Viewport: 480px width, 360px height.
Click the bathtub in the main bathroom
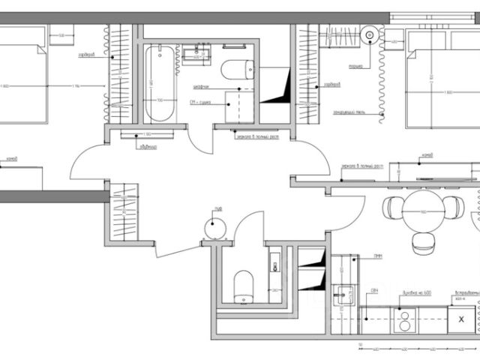pos(158,84)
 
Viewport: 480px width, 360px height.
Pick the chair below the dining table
pos(421,239)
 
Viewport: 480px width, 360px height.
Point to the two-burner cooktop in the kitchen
pos(405,320)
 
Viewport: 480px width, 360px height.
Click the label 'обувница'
pos(147,146)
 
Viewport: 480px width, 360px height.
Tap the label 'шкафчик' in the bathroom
pos(201,86)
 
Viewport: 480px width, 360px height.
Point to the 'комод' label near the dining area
pos(428,155)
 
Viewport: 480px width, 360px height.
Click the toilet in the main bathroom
pos(236,69)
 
